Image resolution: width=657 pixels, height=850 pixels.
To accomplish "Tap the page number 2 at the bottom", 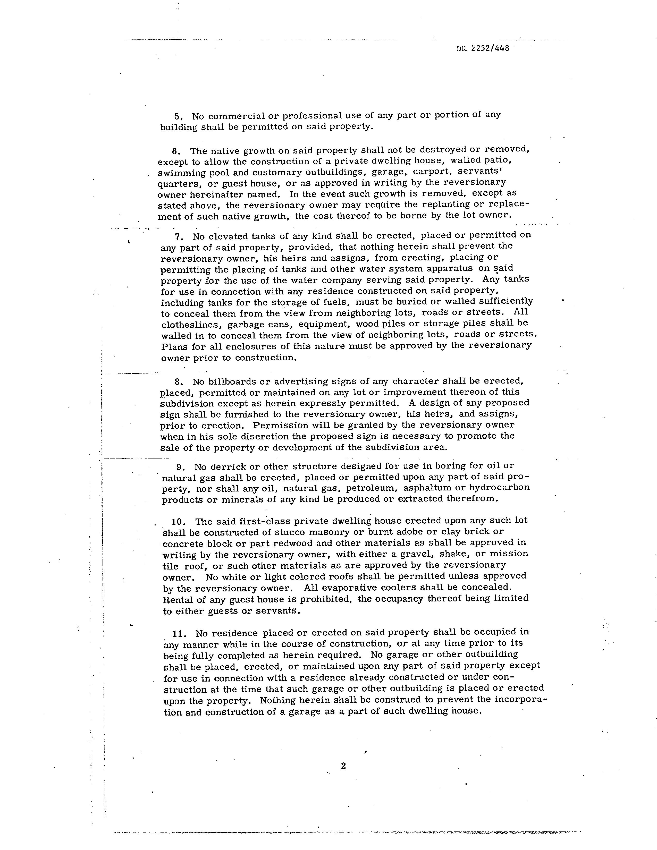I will point(343,766).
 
